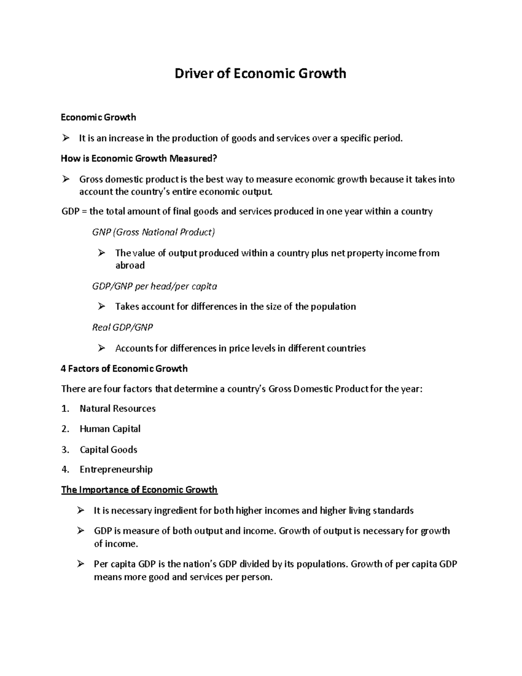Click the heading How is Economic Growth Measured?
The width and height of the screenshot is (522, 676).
[x=139, y=158]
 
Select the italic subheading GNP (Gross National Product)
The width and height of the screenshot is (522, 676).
[x=154, y=232]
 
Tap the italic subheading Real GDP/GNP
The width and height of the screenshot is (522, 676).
[x=122, y=327]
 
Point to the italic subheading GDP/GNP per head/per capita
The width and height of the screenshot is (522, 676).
[x=154, y=286]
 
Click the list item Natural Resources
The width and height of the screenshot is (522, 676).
[x=117, y=409]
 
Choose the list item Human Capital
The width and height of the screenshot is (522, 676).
[x=110, y=429]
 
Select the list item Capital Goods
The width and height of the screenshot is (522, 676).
[x=108, y=450]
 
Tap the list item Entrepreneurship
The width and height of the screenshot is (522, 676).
[x=116, y=469]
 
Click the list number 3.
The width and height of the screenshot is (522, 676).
[x=65, y=450]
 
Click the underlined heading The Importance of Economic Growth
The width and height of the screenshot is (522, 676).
[x=139, y=490]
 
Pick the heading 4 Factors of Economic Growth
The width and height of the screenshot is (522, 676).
[x=124, y=369]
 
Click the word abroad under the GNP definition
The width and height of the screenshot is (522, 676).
[x=130, y=266]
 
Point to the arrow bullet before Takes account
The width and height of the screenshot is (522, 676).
[x=102, y=306]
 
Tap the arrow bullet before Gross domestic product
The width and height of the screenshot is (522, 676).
[x=66, y=179]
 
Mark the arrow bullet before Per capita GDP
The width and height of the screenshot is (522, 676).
[x=80, y=564]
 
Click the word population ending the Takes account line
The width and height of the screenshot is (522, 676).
[x=335, y=307]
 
